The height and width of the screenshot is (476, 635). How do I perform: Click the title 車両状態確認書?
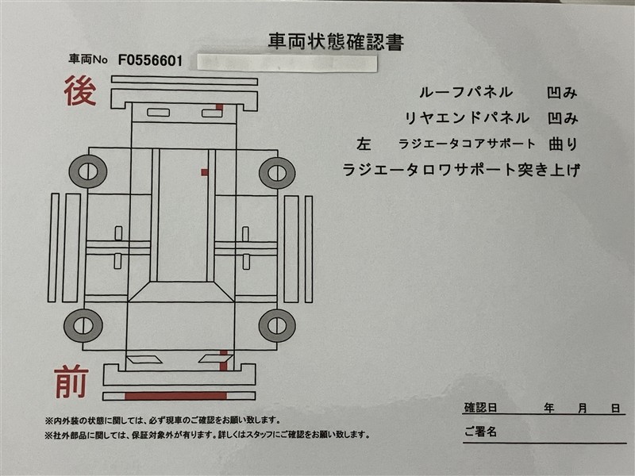tap(336, 42)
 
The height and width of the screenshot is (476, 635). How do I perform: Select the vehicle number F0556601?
tap(150, 61)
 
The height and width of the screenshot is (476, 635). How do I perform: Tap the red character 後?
tap(80, 91)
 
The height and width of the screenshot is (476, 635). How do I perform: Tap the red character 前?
tap(71, 382)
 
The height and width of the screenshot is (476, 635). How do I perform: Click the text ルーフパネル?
tap(466, 93)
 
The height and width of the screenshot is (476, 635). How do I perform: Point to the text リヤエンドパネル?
tap(467, 118)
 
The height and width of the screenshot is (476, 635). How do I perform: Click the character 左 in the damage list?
tap(364, 144)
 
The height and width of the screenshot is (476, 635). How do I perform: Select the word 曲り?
tap(563, 144)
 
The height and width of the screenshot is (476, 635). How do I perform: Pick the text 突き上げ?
tap(548, 170)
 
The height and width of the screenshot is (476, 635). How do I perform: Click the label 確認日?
tap(480, 408)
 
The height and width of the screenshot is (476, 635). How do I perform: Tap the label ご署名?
tap(480, 432)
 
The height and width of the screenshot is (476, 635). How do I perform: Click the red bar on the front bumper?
tap(175, 395)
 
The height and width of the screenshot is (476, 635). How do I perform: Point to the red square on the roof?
tap(205, 172)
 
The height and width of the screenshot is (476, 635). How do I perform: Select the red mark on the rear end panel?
tap(219, 107)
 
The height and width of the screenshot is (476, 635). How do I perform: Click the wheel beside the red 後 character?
tap(88, 171)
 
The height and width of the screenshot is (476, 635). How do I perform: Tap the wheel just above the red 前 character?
tap(83, 325)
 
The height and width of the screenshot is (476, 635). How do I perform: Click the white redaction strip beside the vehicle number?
tap(287, 63)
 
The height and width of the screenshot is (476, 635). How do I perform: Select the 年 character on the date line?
tap(549, 408)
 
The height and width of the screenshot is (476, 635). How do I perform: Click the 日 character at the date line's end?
tap(616, 408)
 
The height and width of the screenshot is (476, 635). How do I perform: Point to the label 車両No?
tap(88, 60)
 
